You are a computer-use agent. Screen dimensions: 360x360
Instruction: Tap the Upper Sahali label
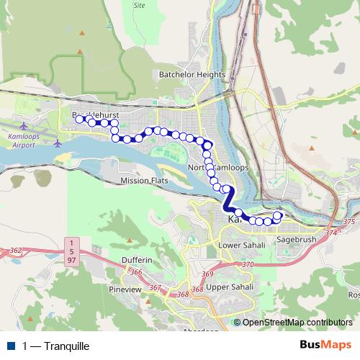click(x=227, y=287)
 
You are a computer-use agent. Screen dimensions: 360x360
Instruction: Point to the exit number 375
click(x=350, y=222)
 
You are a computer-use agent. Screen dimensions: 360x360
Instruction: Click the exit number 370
click(x=249, y=265)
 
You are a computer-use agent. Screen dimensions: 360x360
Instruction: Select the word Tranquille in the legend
click(x=66, y=346)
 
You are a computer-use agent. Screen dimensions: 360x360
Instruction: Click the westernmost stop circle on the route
click(x=80, y=120)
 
